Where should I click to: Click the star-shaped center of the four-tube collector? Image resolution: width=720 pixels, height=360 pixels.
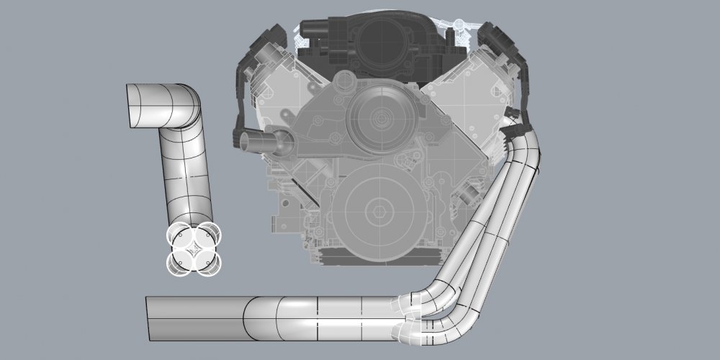(193, 249)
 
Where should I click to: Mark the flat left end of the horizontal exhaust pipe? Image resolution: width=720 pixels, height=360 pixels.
(148, 318)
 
